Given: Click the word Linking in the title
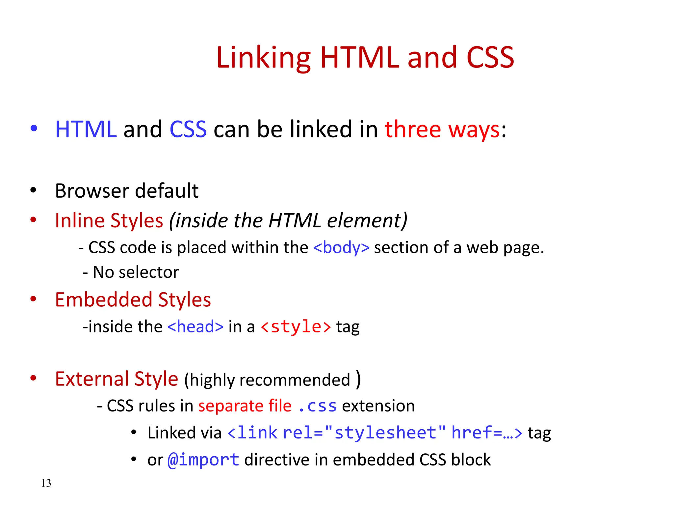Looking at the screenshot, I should click(263, 58).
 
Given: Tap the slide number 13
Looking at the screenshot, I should click(46, 483).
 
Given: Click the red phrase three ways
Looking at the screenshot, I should click(442, 129).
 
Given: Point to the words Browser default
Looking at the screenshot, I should click(127, 191).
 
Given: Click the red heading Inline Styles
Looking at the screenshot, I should click(109, 220).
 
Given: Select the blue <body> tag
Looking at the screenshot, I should click(341, 247).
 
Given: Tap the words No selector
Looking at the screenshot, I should click(136, 272).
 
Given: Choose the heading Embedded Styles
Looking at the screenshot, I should click(133, 300).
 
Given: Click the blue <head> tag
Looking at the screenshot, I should click(195, 327).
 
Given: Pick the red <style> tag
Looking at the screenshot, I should click(296, 327).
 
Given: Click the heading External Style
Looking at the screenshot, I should click(117, 379).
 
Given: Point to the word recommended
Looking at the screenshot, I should click(295, 380).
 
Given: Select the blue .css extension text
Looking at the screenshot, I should click(317, 406).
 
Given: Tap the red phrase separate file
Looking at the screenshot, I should click(245, 406).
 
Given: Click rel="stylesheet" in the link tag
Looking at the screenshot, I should click(364, 433).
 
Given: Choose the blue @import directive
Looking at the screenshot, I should click(203, 460).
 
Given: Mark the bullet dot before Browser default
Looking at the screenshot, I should click(33, 190).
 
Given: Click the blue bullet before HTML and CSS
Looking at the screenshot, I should click(34, 128).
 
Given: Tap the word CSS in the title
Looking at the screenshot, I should click(490, 58).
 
